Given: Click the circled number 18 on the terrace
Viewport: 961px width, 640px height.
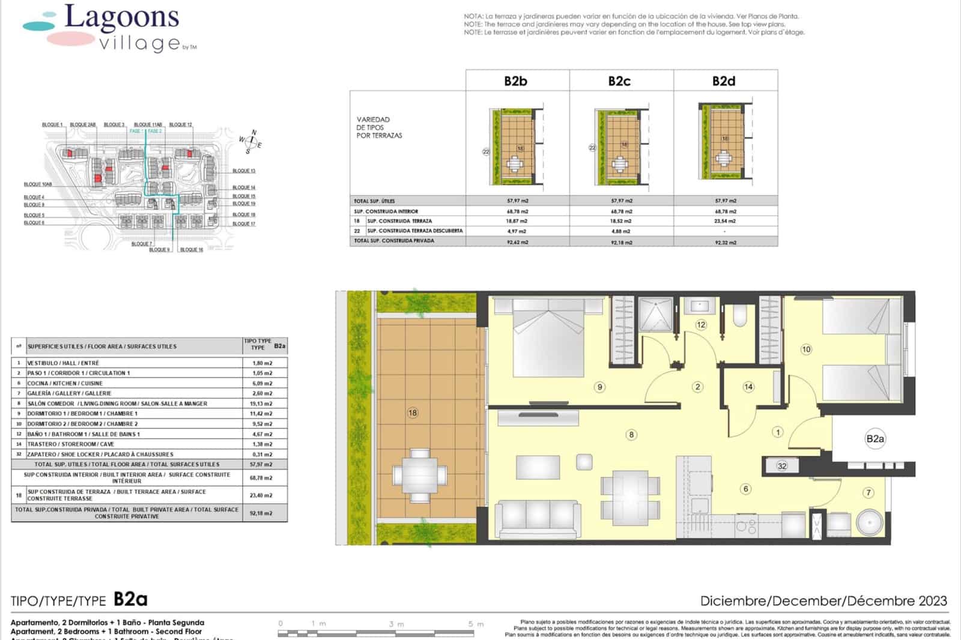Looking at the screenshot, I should (x=413, y=412).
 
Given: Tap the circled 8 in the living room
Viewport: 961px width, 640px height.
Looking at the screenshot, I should (x=631, y=435).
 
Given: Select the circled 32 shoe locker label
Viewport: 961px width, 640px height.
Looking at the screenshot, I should (x=781, y=466).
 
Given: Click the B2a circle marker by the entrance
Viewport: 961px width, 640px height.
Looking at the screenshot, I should (x=875, y=439).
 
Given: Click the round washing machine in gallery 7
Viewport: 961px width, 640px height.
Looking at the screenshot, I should (x=869, y=523).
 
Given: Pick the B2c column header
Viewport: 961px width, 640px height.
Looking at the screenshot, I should (x=619, y=81).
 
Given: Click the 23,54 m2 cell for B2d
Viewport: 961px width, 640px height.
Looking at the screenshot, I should (x=725, y=221).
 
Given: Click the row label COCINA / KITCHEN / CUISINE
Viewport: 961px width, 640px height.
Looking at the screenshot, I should (x=65, y=383).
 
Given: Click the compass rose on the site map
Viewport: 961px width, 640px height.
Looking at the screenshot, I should (x=251, y=142).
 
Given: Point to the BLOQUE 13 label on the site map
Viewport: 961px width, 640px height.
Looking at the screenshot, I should (x=244, y=171).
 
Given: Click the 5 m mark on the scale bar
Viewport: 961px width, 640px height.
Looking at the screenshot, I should (x=471, y=624).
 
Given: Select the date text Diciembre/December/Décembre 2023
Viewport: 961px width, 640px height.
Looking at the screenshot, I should (x=823, y=600).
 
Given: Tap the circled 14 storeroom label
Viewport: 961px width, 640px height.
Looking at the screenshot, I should (x=748, y=387).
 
